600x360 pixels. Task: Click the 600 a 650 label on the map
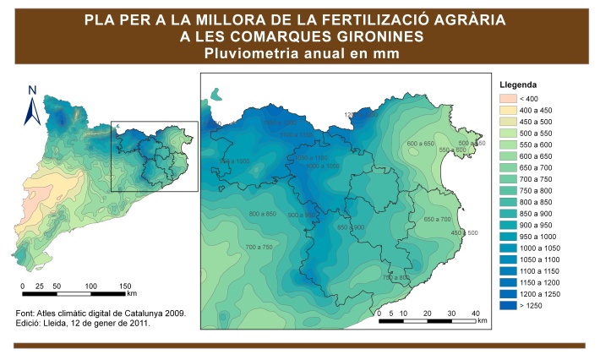click(420, 144)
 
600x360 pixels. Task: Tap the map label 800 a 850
click(263, 213)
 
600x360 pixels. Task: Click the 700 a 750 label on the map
click(259, 247)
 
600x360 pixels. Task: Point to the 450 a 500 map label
click(464, 232)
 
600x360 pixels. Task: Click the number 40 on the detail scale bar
click(476, 313)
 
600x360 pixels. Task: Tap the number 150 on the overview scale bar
click(125, 286)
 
